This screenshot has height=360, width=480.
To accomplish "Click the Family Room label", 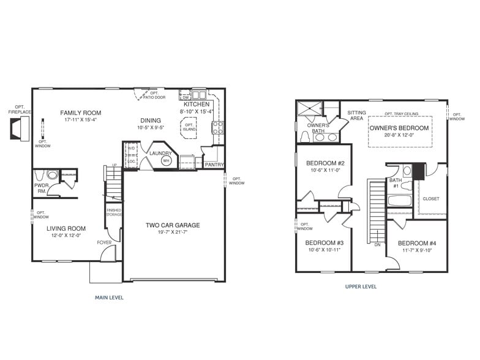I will pos(80,113).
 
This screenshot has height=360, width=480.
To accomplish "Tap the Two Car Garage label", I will pos(173,225).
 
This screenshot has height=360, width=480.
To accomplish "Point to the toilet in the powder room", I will pos(52,176).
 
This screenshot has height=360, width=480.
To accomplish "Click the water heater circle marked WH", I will pos(166,160).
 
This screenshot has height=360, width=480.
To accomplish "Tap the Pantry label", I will pos(214,165).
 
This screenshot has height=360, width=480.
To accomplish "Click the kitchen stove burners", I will pos(217,127).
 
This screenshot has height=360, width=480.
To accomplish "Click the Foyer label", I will pos(104,242).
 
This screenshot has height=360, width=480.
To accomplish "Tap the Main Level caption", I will pos(109,298).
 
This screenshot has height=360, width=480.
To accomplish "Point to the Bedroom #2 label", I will pos(325,163).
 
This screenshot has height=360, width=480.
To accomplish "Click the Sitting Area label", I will pos(356,115).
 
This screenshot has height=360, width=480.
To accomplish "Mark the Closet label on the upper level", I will pos(430,198).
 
